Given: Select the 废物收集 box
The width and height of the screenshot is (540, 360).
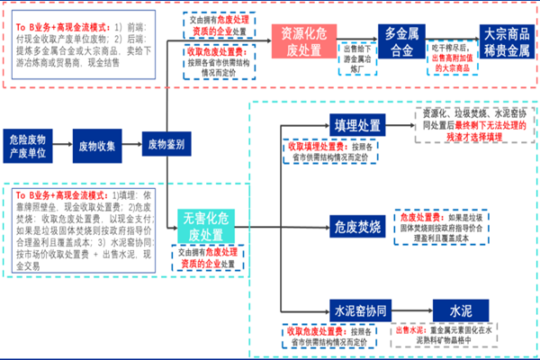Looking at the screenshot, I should point(97,145).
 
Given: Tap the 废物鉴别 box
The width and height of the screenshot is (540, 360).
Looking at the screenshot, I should point(166,145).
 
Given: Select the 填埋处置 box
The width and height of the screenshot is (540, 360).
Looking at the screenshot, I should point(357,124).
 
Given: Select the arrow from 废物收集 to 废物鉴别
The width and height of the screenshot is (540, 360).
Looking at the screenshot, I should point(132,145).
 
